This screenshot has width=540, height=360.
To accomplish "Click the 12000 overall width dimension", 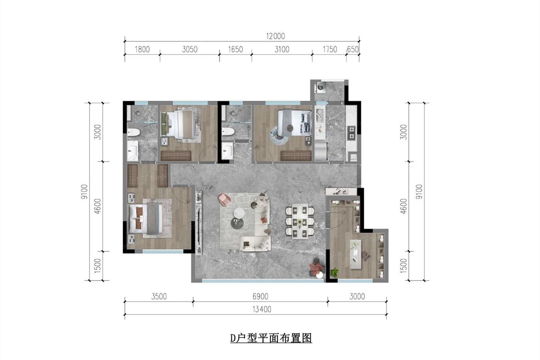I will point(275,36).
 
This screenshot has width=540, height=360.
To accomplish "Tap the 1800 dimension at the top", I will point(142,49).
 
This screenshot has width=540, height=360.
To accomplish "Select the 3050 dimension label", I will point(190,49).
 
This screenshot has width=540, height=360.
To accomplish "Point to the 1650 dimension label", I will point(235,49).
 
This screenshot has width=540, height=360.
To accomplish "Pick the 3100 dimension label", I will point(282,49).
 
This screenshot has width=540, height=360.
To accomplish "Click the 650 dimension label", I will point(353,49).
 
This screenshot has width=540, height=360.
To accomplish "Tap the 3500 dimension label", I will point(159,297).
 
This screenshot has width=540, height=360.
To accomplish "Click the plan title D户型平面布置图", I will point(271,338).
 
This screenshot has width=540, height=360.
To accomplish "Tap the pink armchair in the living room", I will point(224,199).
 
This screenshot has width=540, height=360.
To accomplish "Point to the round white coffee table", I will point(239,212).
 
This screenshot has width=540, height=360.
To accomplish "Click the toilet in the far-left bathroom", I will point(133,132).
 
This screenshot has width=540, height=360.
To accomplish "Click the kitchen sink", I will point(319,115).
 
